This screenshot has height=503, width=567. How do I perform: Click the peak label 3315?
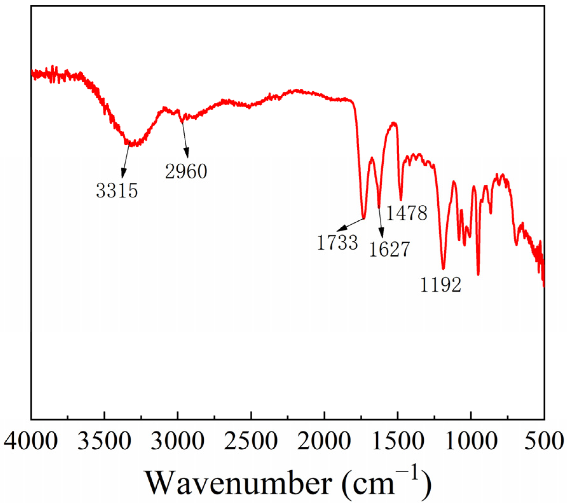[117, 191]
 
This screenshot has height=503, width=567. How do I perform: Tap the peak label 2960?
[186, 171]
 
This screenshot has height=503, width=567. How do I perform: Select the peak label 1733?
[338, 243]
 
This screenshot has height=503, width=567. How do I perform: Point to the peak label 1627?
[390, 249]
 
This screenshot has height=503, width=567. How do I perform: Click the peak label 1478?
[406, 213]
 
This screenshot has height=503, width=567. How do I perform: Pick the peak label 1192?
[441, 285]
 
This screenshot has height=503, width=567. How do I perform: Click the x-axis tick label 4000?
[31, 441]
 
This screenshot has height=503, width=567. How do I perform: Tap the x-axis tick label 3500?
[104, 441]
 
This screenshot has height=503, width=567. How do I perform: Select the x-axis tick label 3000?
[177, 441]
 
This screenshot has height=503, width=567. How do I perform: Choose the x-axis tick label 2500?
[251, 441]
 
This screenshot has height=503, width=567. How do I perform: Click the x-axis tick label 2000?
[324, 441]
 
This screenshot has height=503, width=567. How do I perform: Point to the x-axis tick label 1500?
[398, 441]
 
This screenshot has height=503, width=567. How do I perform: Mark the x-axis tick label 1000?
[471, 441]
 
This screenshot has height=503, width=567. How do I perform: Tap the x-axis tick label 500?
[544, 441]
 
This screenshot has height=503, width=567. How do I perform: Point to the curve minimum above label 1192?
[443, 269]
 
